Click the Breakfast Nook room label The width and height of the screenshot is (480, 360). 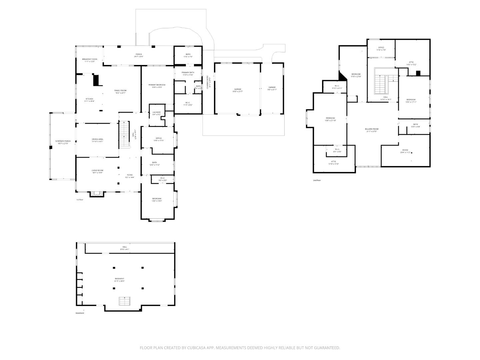tap(89, 59)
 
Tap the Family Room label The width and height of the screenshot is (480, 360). tap(120, 90)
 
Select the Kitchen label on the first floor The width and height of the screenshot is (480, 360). tap(89, 99)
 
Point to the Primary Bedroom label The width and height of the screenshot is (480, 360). tap(157, 85)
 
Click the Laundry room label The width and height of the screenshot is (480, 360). tap(157, 112)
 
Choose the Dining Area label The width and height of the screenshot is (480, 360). tap(97, 139)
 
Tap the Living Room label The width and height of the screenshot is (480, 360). tap(97, 171)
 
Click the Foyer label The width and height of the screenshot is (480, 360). tap(130, 175)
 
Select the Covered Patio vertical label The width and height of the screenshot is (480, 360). tap(208, 82)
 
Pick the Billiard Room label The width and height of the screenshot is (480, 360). tap(372, 129)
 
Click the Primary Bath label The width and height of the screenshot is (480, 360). tap(188, 73)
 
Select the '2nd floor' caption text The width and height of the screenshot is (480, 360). tap(317, 180)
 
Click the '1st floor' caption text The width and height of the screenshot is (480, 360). tap(79, 200)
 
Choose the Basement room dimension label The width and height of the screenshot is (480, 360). tap(119, 281)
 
